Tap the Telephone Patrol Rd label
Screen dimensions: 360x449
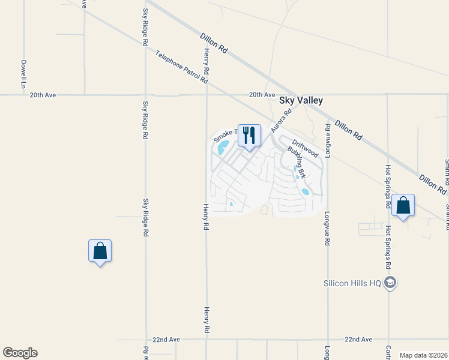tap(181, 67)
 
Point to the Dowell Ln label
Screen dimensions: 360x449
tap(23, 71)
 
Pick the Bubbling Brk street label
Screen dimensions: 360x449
tap(297, 163)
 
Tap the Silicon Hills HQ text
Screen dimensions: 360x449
tap(352, 283)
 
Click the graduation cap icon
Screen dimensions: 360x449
tap(390, 283)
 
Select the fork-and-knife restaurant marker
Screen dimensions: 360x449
tap(250, 136)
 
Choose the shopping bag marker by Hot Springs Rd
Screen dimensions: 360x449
tap(403, 206)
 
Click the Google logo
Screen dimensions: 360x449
tap(20, 353)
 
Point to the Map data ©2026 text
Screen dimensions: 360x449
tap(423, 355)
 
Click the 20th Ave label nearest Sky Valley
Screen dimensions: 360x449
tap(262, 95)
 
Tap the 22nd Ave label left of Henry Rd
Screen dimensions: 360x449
tap(166, 340)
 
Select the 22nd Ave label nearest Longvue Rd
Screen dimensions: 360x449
tap(358, 340)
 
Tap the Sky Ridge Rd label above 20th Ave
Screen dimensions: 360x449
tap(145, 28)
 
